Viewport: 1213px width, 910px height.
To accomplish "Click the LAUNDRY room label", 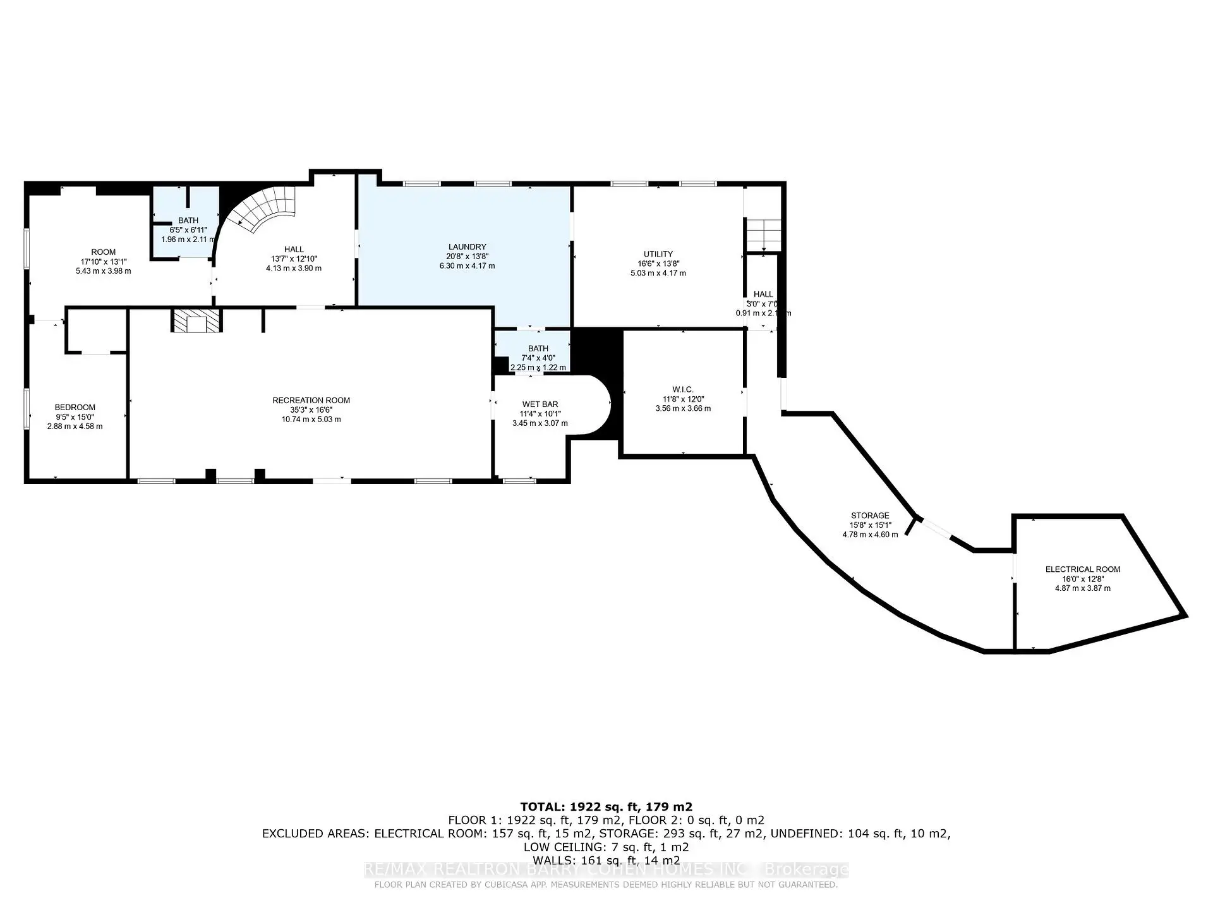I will click(x=467, y=247).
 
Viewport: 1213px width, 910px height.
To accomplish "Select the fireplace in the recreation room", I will click(x=196, y=321).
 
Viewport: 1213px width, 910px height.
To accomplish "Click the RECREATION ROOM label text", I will click(x=311, y=400).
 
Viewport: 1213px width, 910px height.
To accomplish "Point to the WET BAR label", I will click(x=540, y=404).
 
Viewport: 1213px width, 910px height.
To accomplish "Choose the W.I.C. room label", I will click(x=682, y=390).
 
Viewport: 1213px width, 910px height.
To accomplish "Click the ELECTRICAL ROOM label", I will click(x=1082, y=569).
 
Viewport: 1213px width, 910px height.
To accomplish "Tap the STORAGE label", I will click(x=869, y=516).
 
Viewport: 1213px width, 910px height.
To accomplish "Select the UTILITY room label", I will click(x=658, y=254).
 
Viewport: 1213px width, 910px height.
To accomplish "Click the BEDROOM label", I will click(x=75, y=408).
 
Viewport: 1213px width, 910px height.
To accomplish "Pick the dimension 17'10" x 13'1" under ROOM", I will click(x=103, y=262).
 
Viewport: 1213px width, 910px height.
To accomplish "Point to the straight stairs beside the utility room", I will click(x=763, y=234).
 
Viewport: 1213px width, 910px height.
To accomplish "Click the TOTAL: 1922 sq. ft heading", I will click(x=606, y=807).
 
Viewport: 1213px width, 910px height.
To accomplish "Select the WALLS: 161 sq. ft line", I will click(x=606, y=860).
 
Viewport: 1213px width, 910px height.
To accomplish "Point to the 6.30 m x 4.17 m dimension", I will click(x=467, y=266).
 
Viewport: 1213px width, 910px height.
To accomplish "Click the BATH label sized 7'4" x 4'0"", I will click(x=538, y=348).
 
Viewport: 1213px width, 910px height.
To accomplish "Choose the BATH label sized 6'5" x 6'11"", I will click(x=188, y=221).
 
